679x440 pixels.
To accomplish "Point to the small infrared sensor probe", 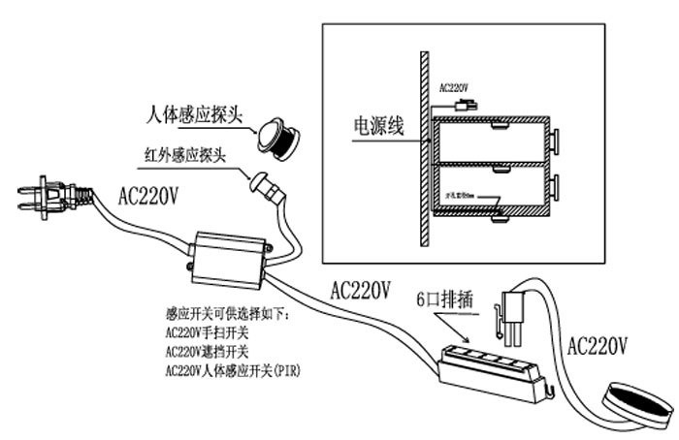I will (266, 183).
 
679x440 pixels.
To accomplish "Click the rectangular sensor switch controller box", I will (232, 257).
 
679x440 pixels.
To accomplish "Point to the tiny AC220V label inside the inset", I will (453, 86).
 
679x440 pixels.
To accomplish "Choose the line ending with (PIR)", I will (233, 369).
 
